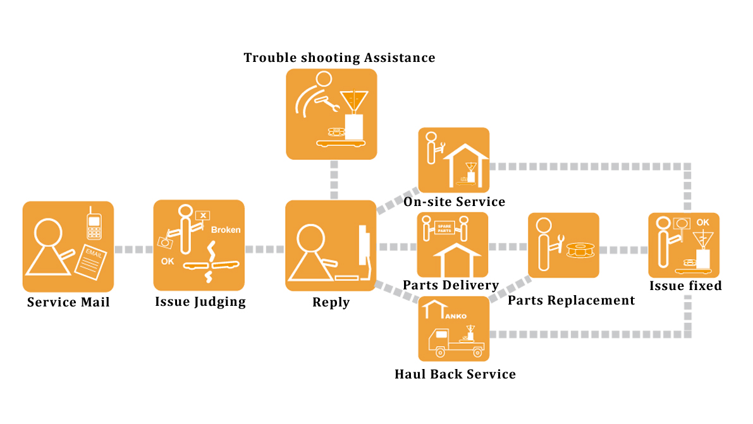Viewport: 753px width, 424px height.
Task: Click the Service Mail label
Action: point(68,302)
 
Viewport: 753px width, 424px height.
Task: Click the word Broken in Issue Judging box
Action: point(226,230)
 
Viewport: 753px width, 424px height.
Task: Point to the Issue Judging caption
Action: point(200,302)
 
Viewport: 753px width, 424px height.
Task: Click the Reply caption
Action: point(331,303)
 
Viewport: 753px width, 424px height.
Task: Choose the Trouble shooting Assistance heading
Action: point(340,58)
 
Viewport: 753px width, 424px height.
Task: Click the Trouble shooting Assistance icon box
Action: point(331,114)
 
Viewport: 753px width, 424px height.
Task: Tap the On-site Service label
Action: point(455,202)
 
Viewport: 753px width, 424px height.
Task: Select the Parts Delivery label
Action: point(451,286)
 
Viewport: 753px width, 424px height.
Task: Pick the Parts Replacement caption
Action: point(571,300)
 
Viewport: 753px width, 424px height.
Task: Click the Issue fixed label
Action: point(685,286)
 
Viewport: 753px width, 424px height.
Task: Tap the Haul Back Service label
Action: point(455,374)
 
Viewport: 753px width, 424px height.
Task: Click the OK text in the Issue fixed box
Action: point(702,222)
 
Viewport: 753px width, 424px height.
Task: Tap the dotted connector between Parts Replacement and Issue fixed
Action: point(623,250)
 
